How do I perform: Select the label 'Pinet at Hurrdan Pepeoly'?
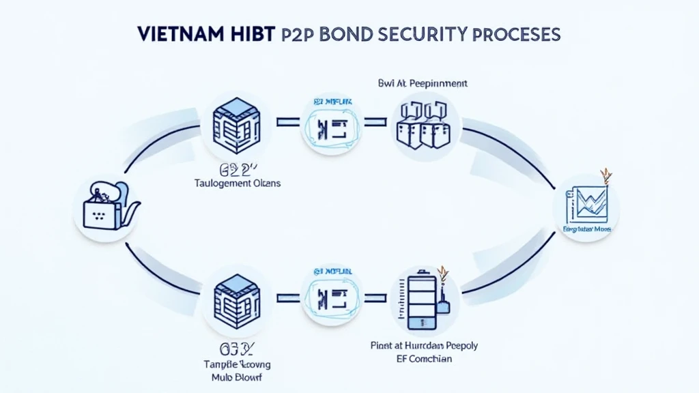(x=425, y=345)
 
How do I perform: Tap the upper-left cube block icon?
(x=234, y=123)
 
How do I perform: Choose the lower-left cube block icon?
(x=234, y=297)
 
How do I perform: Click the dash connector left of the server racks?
(x=375, y=123)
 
